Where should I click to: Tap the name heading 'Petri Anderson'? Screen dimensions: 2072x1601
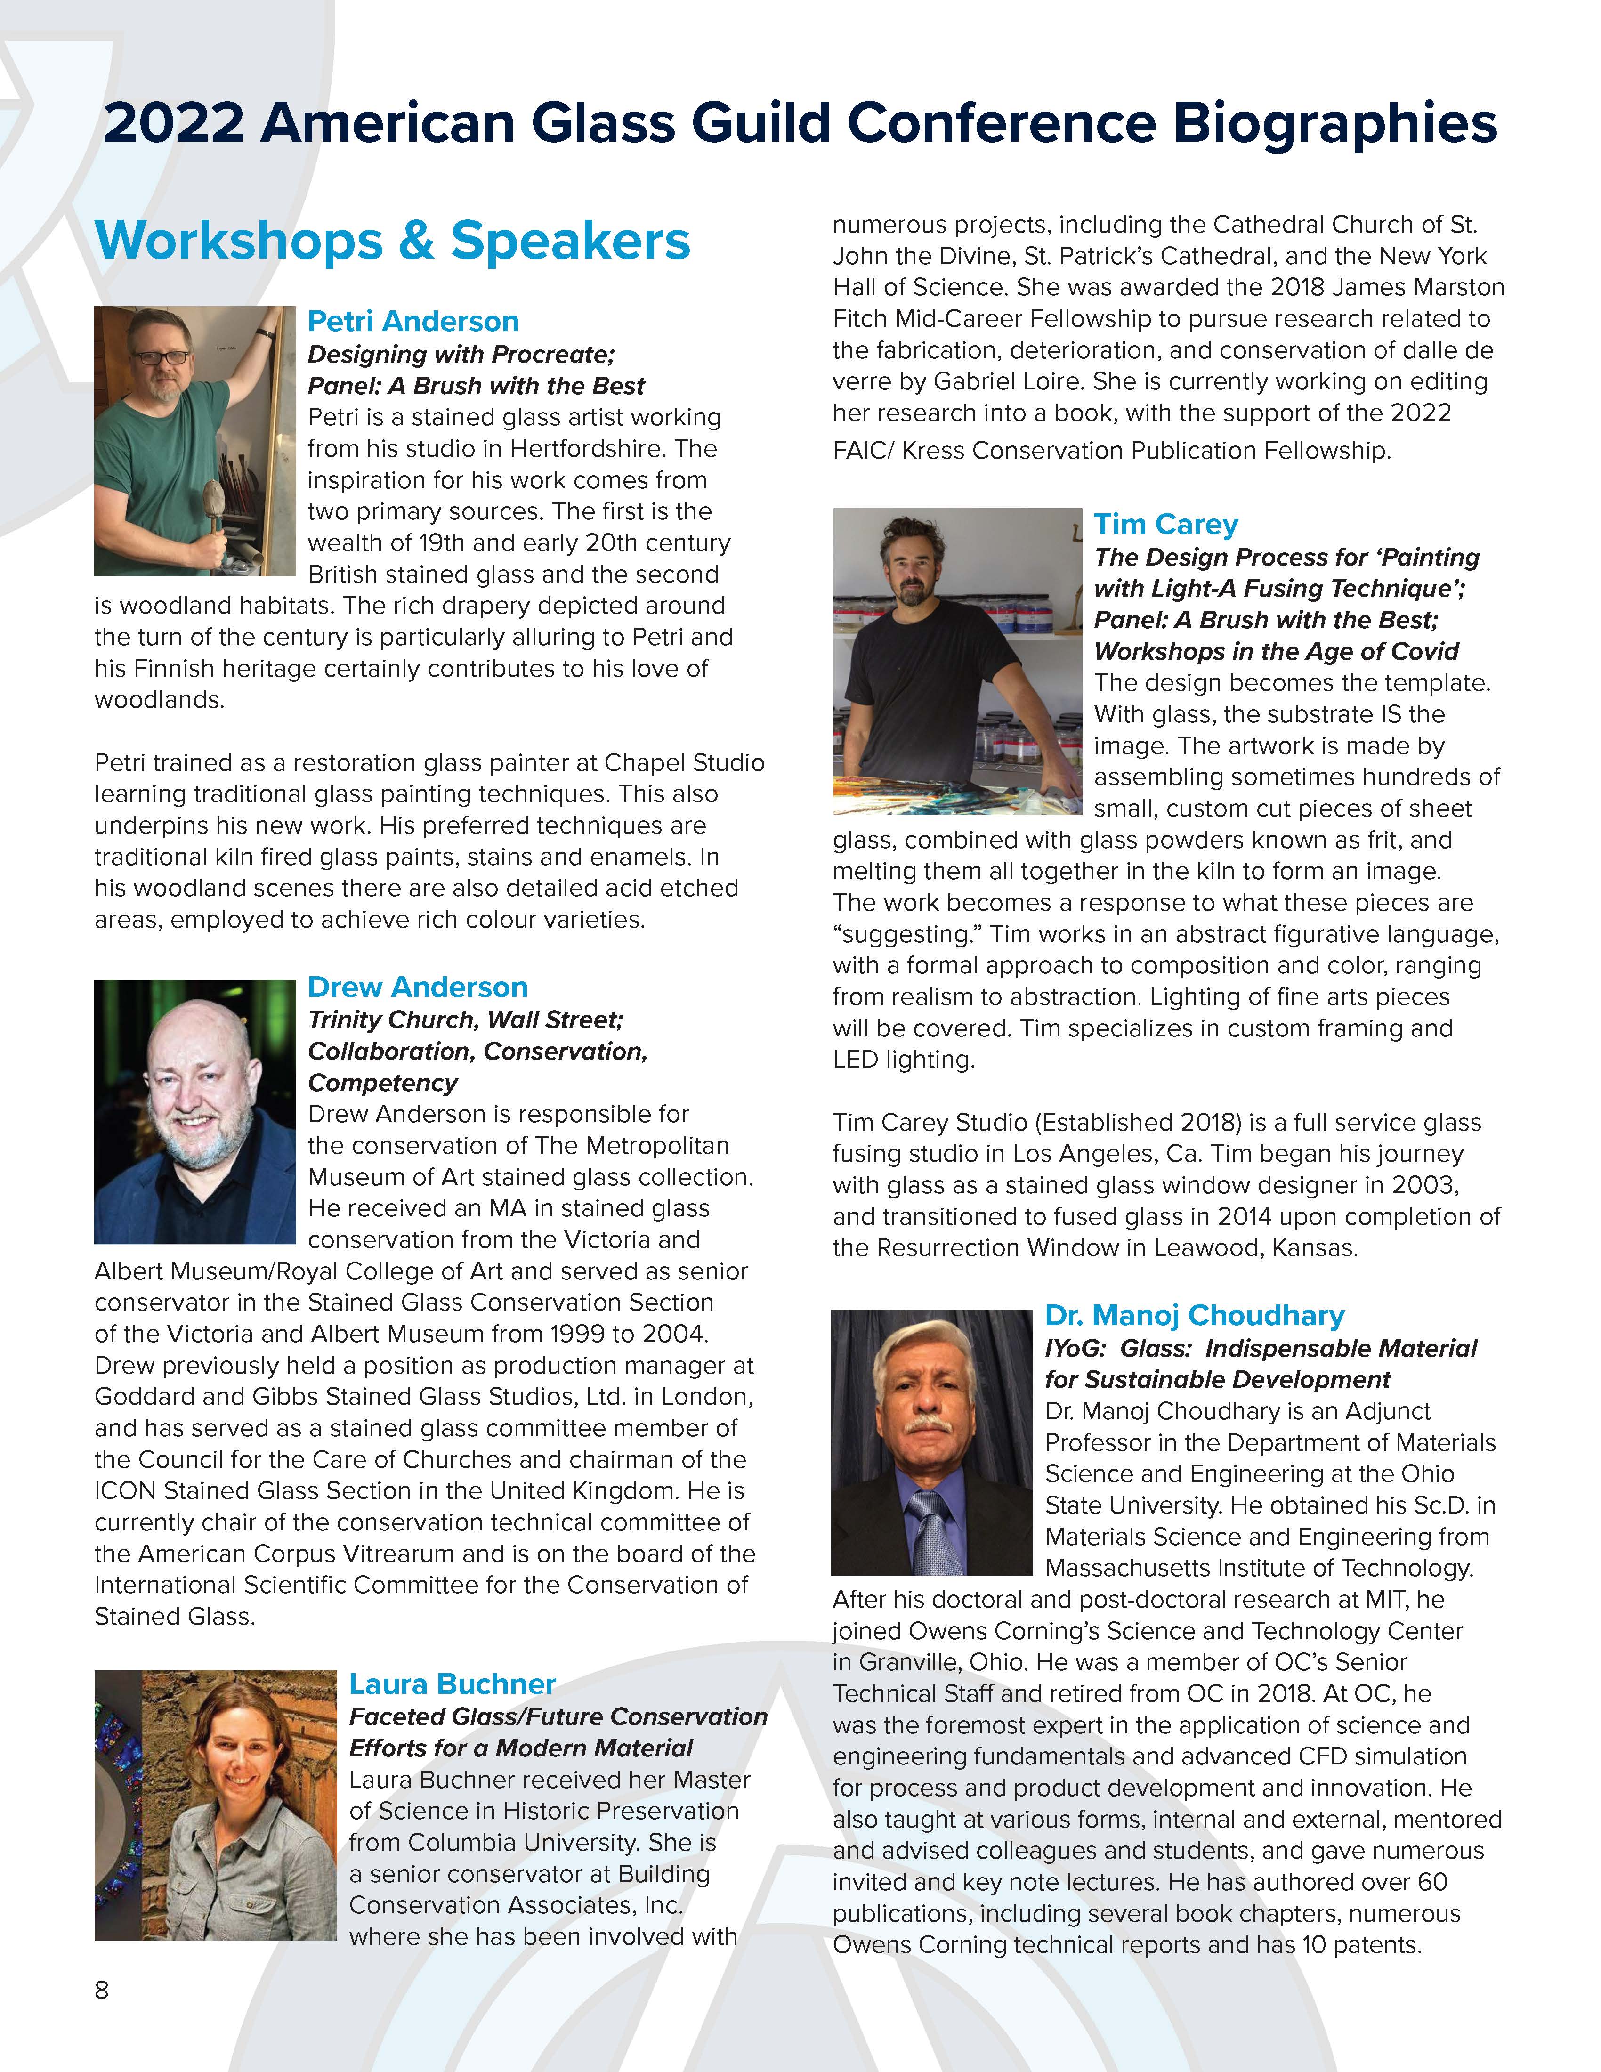click(412, 322)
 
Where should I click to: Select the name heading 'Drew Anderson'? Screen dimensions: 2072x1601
click(417, 987)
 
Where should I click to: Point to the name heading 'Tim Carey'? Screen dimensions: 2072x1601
click(1165, 525)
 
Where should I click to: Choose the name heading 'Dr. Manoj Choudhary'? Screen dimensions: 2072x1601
click(1194, 1316)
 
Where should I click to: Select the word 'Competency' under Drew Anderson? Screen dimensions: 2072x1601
click(382, 1084)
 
